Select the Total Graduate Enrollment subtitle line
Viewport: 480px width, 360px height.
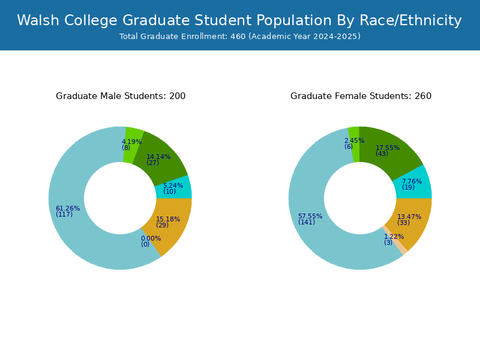[239, 37]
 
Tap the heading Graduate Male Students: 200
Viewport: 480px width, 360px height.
[121, 96]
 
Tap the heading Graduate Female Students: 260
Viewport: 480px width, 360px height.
[361, 96]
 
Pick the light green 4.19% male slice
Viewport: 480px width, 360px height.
[133, 145]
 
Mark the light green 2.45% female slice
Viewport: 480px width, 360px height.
[354, 144]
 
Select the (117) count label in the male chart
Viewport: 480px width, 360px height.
[64, 214]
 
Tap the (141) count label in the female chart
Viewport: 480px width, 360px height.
[307, 222]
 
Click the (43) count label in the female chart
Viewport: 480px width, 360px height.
[382, 154]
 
